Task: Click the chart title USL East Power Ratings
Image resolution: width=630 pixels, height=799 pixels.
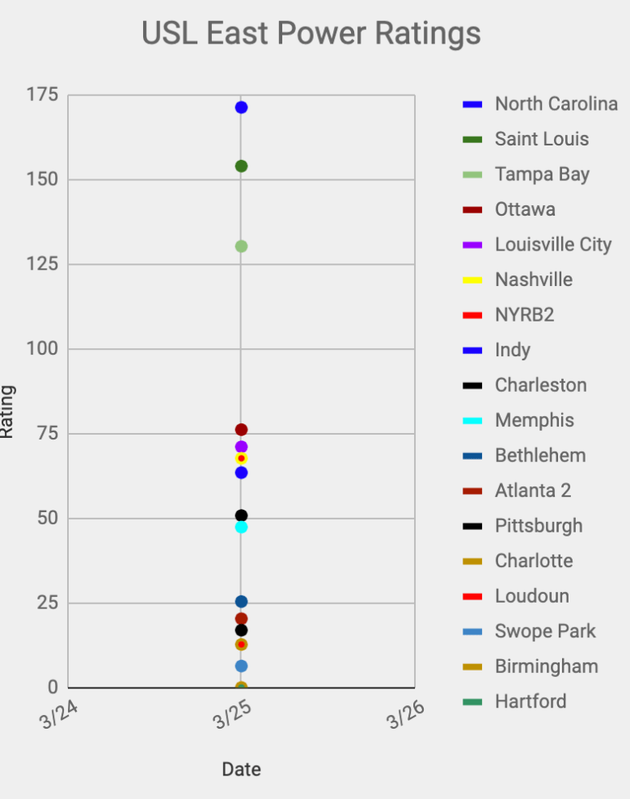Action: [311, 34]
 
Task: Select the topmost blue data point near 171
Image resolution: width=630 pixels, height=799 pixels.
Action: [241, 107]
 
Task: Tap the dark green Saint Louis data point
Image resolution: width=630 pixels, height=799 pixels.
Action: [241, 166]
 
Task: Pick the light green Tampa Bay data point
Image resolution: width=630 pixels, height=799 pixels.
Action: [241, 246]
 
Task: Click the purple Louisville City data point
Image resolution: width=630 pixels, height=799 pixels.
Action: [241, 447]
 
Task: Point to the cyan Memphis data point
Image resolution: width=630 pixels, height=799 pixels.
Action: [241, 528]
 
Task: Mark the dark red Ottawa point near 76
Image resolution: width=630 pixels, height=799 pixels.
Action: [241, 430]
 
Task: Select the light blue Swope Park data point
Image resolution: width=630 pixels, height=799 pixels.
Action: [241, 666]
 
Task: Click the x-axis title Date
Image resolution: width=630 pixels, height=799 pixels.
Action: [241, 769]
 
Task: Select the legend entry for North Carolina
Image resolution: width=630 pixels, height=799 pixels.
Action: [556, 104]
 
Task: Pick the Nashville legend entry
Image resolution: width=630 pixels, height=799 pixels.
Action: [533, 280]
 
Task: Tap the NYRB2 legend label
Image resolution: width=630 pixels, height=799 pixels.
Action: [524, 315]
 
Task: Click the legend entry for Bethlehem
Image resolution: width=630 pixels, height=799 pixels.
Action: [539, 456]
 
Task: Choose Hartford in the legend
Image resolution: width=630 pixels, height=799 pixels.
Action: [531, 701]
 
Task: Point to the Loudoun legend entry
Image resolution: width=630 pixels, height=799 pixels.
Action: [531, 596]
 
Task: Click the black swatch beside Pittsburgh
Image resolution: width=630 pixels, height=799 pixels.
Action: [472, 526]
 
